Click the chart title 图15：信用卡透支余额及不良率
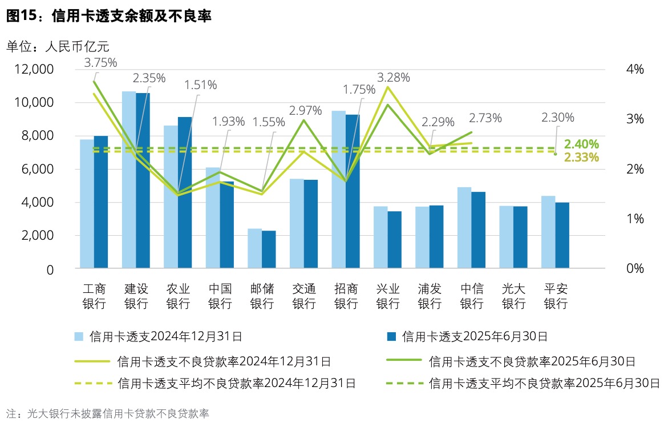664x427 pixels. pyautogui.click(x=109, y=17)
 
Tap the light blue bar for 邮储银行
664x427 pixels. pyautogui.click(x=254, y=248)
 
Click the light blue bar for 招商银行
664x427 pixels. pyautogui.click(x=338, y=188)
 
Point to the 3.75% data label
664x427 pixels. pyautogui.click(x=100, y=62)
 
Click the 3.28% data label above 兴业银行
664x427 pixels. pyautogui.click(x=394, y=76)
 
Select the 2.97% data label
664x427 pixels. pyautogui.click(x=305, y=110)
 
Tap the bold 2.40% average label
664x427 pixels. pyautogui.click(x=581, y=144)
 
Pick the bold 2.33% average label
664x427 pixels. pyautogui.click(x=581, y=158)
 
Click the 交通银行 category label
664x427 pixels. pyautogui.click(x=304, y=296)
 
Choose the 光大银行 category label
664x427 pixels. pyautogui.click(x=513, y=296)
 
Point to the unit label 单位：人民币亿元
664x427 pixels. pyautogui.click(x=57, y=46)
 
